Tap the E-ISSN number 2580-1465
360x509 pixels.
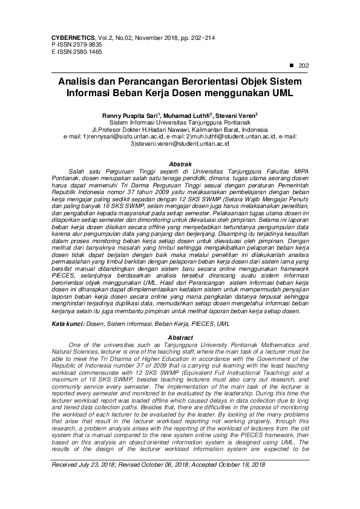(x=86, y=53)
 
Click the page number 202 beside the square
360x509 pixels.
(x=304, y=66)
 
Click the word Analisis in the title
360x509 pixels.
(x=78, y=82)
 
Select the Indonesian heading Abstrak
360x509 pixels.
(x=180, y=164)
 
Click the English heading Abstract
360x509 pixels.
(x=180, y=337)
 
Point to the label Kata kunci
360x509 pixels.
(x=67, y=325)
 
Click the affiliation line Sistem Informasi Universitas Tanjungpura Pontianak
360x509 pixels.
(x=180, y=122)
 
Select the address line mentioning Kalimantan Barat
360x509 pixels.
(x=180, y=129)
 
